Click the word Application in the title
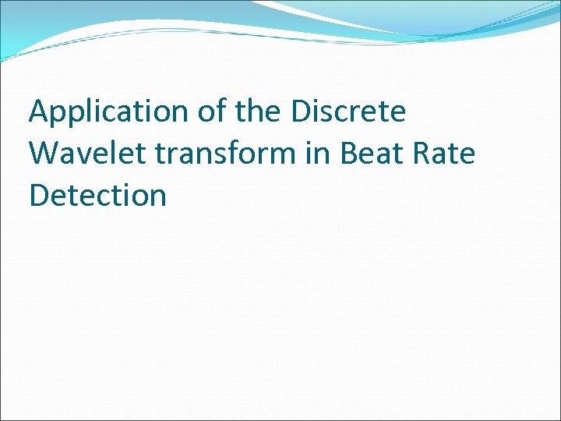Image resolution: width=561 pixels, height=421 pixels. pyautogui.click(x=108, y=113)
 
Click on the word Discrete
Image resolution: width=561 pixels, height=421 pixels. pyautogui.click(x=348, y=111)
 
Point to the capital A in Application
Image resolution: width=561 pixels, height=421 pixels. pyautogui.click(x=40, y=112)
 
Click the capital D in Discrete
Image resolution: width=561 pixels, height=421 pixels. pyautogui.click(x=302, y=112)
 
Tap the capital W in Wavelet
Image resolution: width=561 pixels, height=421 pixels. pyautogui.click(x=44, y=154)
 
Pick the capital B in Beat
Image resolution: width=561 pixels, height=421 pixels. pyautogui.click(x=348, y=154)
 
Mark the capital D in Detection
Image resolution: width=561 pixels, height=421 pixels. pyautogui.click(x=39, y=195)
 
